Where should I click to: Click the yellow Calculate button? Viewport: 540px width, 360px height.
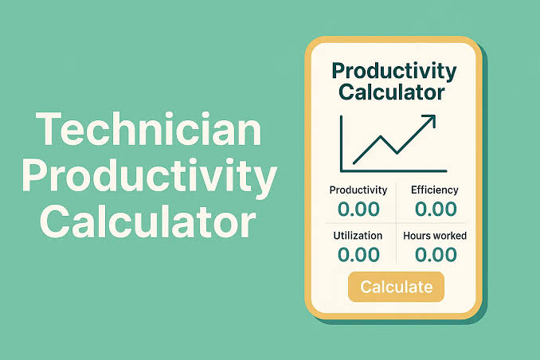click(x=396, y=287)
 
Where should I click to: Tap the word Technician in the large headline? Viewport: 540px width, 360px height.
click(x=149, y=129)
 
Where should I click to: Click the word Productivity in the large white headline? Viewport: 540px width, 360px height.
click(x=150, y=176)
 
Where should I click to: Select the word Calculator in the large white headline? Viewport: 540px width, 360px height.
click(x=148, y=221)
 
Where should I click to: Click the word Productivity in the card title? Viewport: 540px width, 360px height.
click(x=394, y=72)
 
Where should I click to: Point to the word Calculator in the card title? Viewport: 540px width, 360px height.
click(x=392, y=92)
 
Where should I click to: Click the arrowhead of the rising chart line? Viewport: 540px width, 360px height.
click(x=430, y=120)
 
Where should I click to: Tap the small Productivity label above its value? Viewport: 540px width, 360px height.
click(x=358, y=190)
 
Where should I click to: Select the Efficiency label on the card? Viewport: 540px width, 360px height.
click(x=435, y=190)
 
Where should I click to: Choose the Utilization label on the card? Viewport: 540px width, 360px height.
click(x=358, y=236)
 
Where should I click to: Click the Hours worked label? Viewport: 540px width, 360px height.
click(x=435, y=236)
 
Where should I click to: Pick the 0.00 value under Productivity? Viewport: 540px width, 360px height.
click(x=358, y=209)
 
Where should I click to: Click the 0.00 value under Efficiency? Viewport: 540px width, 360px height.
click(x=436, y=209)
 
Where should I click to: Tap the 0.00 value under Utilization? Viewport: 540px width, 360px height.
click(x=358, y=255)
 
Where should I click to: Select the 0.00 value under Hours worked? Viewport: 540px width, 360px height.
click(x=436, y=255)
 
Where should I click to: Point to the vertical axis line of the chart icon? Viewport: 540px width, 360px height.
click(x=342, y=143)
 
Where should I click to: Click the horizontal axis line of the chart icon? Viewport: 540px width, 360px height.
click(x=393, y=170)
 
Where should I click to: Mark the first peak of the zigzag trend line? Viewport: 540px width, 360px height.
click(x=381, y=137)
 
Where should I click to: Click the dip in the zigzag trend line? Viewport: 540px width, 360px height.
click(x=397, y=153)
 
